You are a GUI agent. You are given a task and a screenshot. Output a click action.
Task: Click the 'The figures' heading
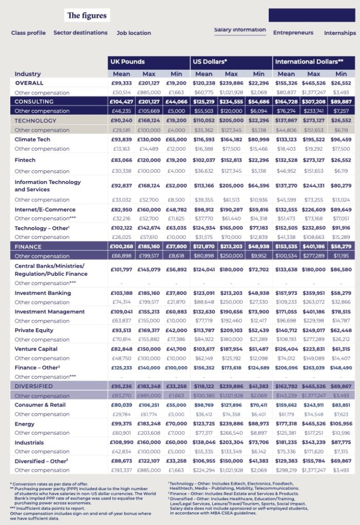(87, 15)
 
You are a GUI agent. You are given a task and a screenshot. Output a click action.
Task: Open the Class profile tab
(28, 33)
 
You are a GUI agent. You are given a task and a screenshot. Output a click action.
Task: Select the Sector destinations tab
(81, 32)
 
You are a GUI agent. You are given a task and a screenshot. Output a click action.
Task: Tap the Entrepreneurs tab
(293, 32)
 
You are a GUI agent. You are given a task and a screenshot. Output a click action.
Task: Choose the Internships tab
(339, 33)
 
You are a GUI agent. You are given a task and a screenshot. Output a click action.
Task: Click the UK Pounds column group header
(128, 62)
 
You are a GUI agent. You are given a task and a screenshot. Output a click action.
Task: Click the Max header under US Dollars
(231, 74)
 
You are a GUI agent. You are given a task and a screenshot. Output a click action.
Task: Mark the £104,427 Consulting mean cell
(122, 102)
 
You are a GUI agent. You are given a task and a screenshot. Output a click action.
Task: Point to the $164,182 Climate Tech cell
(231, 139)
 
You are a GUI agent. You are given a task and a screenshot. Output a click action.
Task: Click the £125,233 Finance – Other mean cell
(122, 368)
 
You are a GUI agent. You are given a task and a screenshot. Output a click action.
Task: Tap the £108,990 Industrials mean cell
(122, 442)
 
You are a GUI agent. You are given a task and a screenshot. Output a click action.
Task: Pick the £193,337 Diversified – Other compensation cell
(122, 470)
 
